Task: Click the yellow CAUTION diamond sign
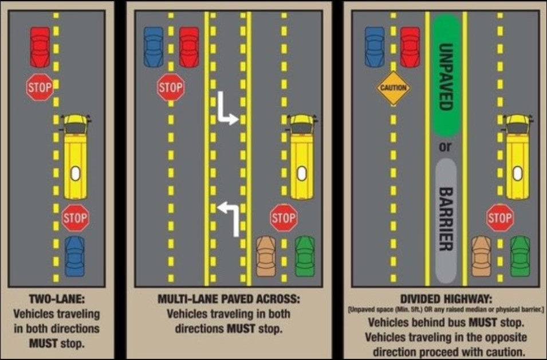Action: pos(393,88)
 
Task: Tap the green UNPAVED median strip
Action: pos(447,76)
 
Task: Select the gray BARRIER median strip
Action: pos(446,221)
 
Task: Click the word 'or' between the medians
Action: pos(445,147)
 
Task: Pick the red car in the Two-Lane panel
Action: pos(40,47)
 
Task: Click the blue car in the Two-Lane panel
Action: pos(74,256)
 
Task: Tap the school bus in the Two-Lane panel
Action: pos(76,156)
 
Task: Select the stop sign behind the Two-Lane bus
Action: pos(76,218)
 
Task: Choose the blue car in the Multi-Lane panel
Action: pos(154,47)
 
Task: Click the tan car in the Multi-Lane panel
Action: pos(266,256)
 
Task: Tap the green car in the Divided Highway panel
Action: pos(520,256)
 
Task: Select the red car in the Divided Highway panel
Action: pos(410,47)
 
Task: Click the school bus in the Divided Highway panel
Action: pos(518,156)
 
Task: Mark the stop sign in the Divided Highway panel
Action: pos(500,218)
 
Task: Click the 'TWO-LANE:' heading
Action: pos(57,299)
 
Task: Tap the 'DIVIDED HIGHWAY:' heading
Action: pos(446,299)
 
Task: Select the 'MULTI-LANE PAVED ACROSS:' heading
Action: pos(229,299)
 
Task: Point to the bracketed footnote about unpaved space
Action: pos(446,310)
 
